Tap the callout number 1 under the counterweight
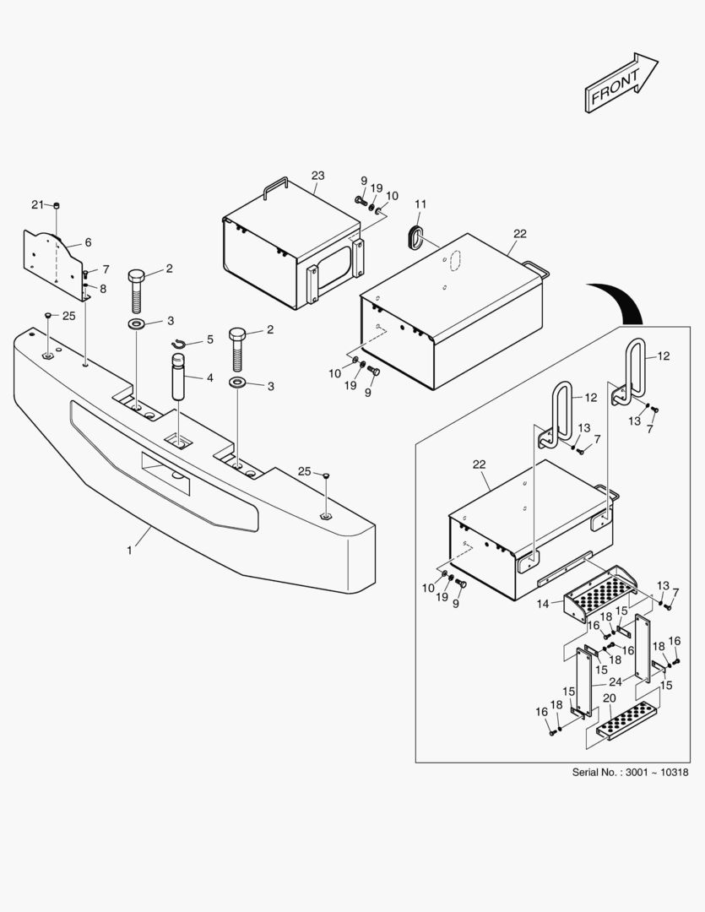(129, 550)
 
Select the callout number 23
(317, 176)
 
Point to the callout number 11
(420, 204)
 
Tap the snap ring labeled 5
(179, 343)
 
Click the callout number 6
(88, 242)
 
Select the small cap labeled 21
(57, 205)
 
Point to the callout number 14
(542, 604)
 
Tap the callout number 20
(608, 698)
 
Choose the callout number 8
(103, 289)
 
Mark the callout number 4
(209, 378)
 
